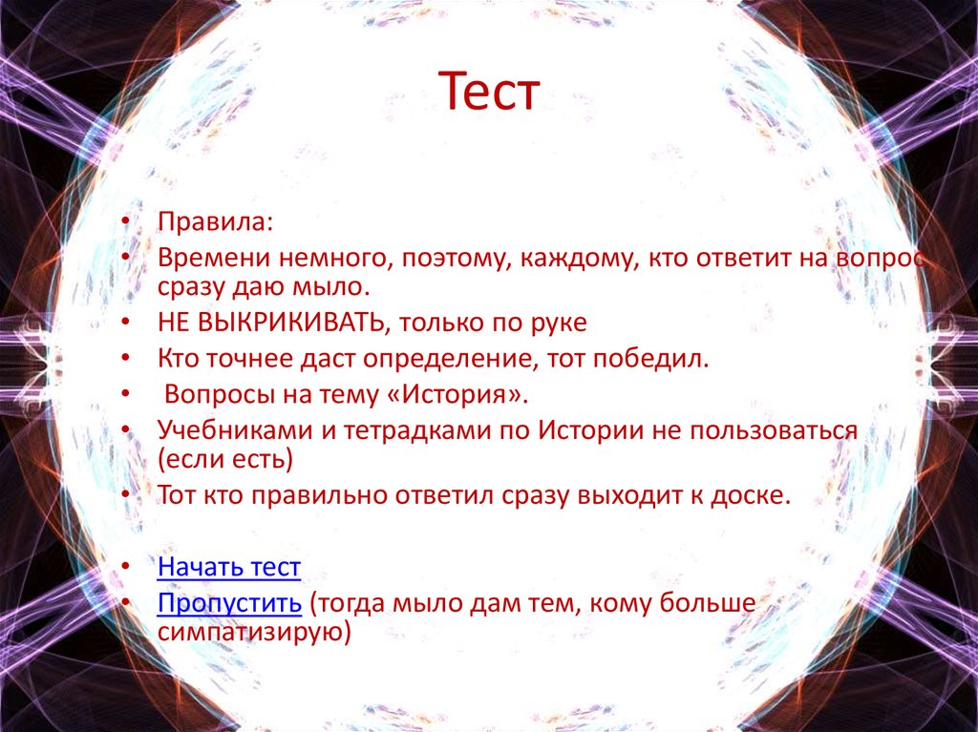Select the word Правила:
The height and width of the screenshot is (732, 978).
coord(216,222)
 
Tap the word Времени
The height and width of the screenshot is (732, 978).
coord(213,259)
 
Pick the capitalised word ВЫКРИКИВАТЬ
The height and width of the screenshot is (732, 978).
coord(290,323)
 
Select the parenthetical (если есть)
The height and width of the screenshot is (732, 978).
coord(225,459)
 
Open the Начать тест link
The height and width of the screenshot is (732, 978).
coord(229,568)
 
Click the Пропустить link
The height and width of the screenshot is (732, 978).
coord(230,603)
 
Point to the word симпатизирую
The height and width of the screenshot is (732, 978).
coord(252,632)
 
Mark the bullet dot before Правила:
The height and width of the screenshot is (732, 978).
coord(125,223)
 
